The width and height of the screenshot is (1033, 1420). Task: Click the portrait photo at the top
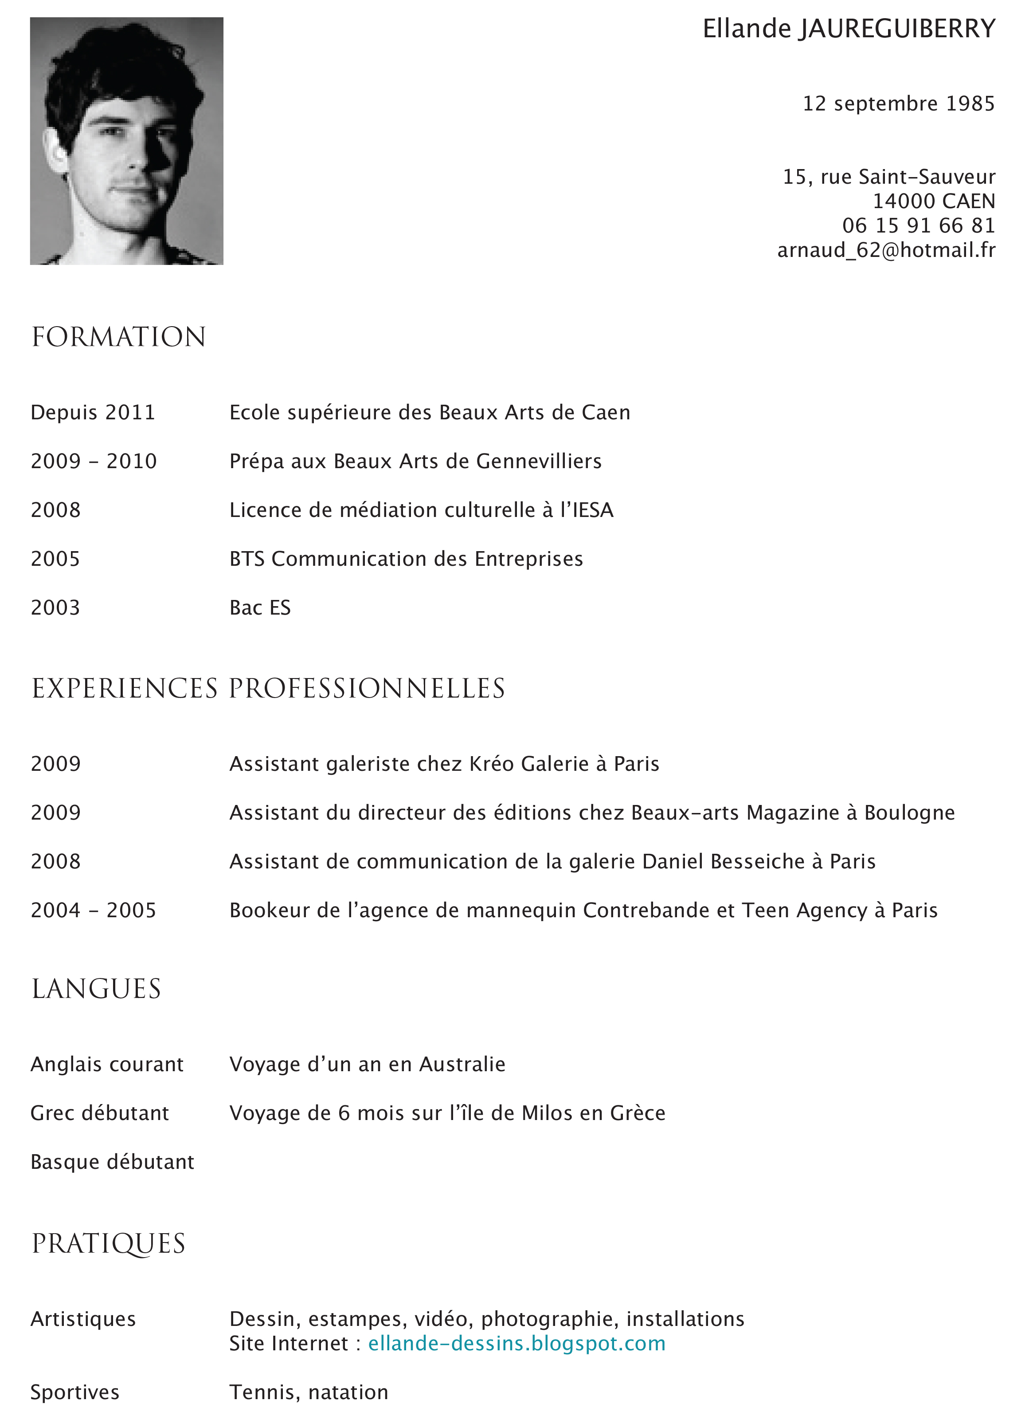coord(126,141)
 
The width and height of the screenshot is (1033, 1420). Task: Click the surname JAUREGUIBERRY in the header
coord(896,29)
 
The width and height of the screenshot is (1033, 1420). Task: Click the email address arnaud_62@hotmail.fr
coord(885,250)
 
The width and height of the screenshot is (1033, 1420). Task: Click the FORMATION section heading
coord(119,337)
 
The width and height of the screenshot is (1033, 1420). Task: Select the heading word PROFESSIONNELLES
coord(367,688)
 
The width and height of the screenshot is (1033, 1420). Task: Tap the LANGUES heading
coord(96,989)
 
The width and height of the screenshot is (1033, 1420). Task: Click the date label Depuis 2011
coord(93,413)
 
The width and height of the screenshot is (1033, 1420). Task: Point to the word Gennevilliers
coord(539,461)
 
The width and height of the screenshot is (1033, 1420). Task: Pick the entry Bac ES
coord(260,608)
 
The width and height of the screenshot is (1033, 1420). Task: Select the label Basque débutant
coord(112,1162)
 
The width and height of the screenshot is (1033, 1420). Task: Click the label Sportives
coord(74,1392)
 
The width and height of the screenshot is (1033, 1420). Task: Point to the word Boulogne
coord(909,813)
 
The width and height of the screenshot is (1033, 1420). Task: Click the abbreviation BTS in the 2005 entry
coord(247,559)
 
